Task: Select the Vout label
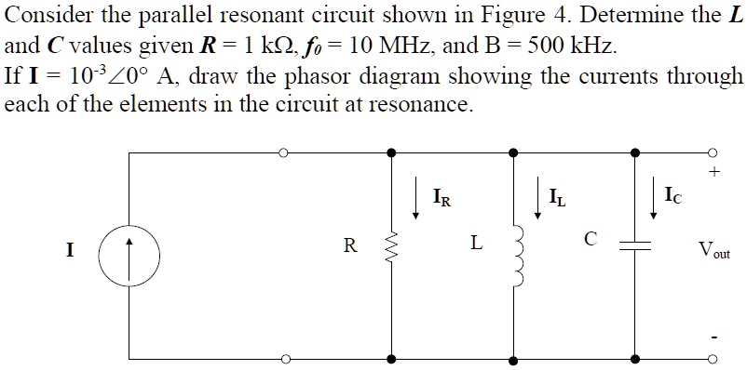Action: [x=715, y=250]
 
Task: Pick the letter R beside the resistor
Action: [x=349, y=246]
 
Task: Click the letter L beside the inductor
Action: [x=476, y=244]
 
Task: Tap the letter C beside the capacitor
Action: [x=590, y=239]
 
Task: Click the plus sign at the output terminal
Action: [x=714, y=173]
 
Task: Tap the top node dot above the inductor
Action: [x=513, y=152]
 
